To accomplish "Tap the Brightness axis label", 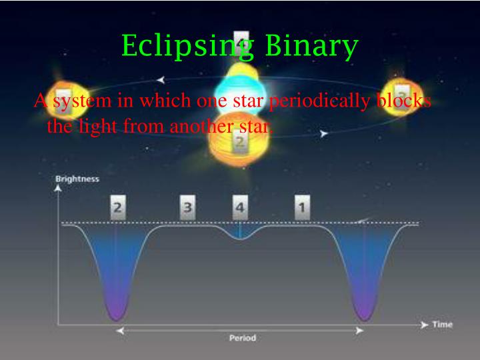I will coord(77,179).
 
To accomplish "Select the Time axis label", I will coord(442,325).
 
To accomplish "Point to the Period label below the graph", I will coord(242,338).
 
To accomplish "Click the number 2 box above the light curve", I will coord(117,208).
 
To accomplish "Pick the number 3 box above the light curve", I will coord(188,208).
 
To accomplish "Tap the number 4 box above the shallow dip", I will coord(239,208).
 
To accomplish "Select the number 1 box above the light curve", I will coord(302,208).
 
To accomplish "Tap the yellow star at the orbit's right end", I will coord(401,93).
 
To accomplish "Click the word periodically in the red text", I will coord(317,101).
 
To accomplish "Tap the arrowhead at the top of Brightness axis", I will coord(58,189).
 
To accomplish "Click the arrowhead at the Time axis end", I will coord(425,325).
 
